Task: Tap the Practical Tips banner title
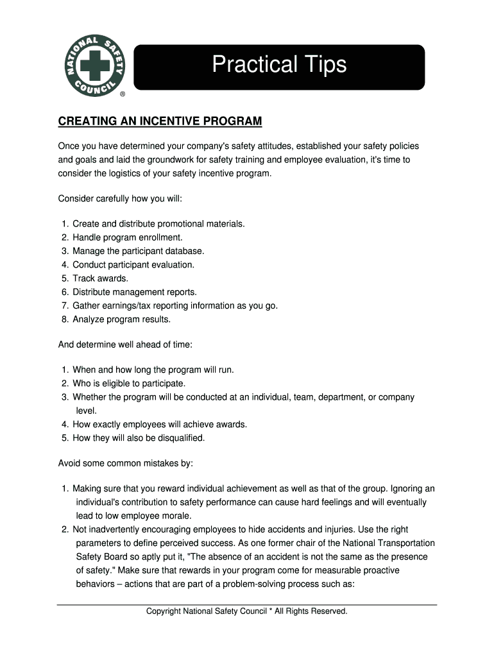click(279, 65)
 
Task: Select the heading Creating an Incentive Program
click(160, 121)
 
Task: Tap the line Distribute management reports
click(134, 292)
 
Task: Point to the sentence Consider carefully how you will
click(121, 199)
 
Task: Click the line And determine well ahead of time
click(125, 345)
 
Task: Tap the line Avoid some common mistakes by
click(125, 463)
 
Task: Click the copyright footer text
click(247, 611)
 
